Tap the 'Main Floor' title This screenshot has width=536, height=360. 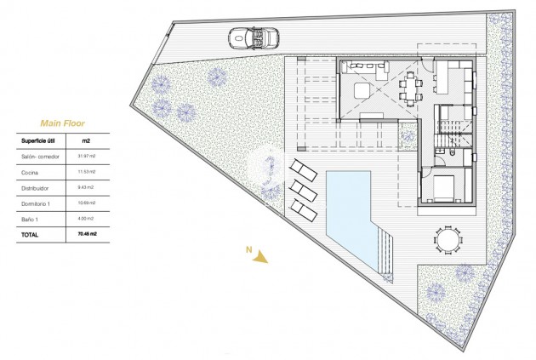click(55, 123)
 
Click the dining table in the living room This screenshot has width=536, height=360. click(412, 85)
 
